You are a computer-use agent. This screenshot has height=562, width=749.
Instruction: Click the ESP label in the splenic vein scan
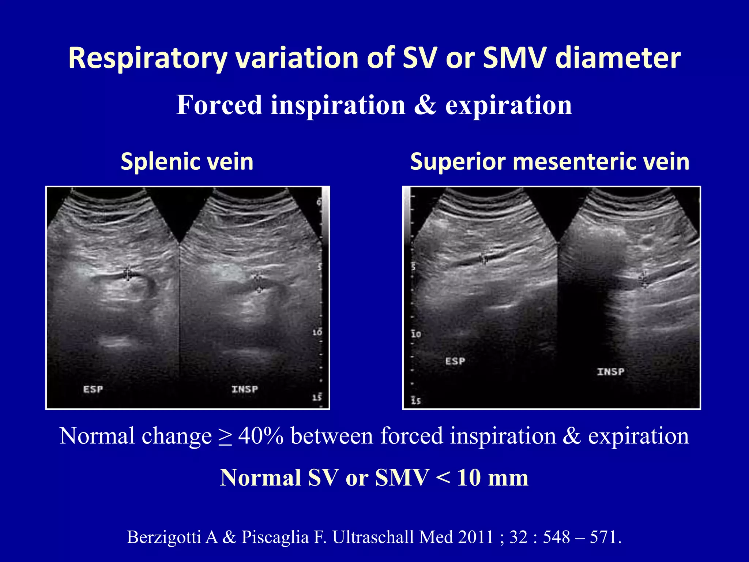(93, 389)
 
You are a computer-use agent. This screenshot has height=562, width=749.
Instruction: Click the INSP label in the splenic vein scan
(245, 389)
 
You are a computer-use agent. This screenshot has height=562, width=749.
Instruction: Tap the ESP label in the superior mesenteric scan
(455, 361)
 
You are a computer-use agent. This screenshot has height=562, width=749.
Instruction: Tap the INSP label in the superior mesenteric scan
(610, 371)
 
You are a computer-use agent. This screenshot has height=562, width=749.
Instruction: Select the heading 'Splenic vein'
(187, 161)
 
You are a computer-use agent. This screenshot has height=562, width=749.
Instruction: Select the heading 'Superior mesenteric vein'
(550, 161)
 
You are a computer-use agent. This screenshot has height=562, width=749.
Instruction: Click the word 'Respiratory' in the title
(148, 59)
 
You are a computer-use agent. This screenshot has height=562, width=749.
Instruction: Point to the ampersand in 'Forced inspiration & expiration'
(425, 105)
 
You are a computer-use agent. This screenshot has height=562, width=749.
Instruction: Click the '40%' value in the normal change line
(261, 436)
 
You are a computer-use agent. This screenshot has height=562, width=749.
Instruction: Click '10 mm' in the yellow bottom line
(492, 478)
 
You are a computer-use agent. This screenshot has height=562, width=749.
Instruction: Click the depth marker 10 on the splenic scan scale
(317, 332)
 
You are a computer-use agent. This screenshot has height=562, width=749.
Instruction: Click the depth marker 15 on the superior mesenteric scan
(416, 400)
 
